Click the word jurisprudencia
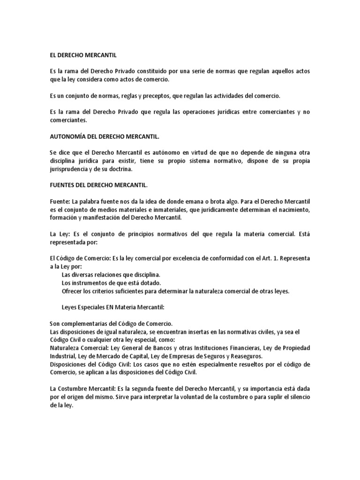point(69,169)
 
